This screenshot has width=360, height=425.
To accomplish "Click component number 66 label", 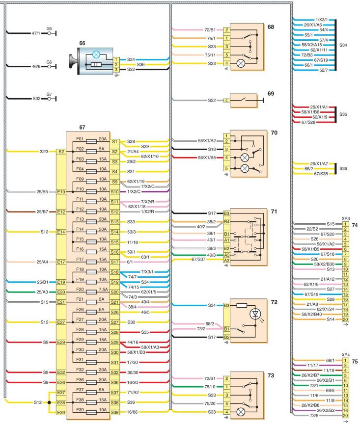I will point(82,44).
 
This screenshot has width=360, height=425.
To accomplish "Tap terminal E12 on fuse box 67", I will point(61,212).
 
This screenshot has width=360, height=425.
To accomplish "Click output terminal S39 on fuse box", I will point(114,413).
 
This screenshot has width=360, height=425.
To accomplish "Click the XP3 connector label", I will point(346,218).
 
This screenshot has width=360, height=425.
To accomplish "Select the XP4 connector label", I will point(346,354).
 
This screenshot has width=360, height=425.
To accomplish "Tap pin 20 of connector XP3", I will point(346,319).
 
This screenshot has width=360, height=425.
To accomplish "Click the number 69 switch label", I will point(270,93).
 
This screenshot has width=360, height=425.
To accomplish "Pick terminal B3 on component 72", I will point(227,305).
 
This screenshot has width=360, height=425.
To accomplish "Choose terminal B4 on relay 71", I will point(227,222).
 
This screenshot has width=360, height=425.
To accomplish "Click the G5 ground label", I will point(49,28).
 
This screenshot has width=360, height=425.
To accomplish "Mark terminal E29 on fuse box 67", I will point(61,342).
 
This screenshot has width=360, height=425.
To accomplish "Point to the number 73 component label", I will point(270,375).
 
